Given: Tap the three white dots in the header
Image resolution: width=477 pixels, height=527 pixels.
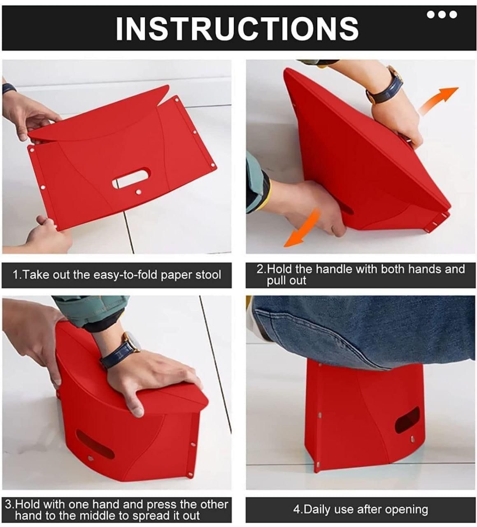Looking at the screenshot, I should tap(442, 15).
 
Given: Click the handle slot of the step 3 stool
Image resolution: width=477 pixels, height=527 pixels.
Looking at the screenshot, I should tap(95, 445).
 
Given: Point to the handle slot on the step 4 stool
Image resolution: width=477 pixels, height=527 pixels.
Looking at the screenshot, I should tap(407, 420).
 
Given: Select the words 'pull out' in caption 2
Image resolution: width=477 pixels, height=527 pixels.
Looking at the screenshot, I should tap(286, 281).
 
